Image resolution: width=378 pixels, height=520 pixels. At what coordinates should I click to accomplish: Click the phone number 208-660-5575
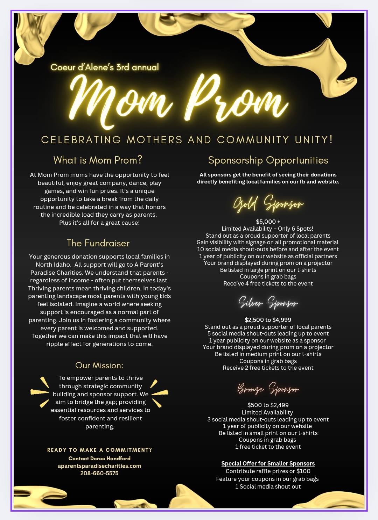click(x=99, y=473)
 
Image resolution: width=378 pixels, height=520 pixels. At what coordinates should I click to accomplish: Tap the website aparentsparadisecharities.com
click(x=99, y=466)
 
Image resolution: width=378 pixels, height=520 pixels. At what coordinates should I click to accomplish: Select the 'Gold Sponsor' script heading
click(x=268, y=204)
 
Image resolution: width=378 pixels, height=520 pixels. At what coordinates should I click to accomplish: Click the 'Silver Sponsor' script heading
click(x=268, y=303)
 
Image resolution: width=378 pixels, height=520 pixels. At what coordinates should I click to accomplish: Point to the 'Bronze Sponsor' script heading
click(x=268, y=389)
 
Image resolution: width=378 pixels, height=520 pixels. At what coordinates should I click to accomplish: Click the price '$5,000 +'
click(x=268, y=222)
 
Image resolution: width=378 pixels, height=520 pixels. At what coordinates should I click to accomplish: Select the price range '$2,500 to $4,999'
click(x=268, y=320)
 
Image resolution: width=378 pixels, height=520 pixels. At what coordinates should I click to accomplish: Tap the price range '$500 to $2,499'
click(x=268, y=405)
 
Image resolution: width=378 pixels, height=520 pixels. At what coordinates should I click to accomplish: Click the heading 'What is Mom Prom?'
click(x=98, y=160)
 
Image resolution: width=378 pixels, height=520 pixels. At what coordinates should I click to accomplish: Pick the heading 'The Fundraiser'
click(x=98, y=243)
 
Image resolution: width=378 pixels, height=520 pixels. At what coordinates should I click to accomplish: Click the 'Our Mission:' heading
click(x=99, y=366)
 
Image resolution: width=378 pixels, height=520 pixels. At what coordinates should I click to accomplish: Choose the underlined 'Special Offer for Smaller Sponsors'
click(x=268, y=463)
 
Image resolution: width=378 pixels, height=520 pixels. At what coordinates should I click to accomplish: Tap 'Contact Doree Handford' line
click(x=99, y=458)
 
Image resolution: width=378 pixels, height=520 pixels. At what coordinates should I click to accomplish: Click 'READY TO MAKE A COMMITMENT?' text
click(x=99, y=450)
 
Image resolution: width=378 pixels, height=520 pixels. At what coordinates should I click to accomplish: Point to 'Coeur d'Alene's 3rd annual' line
click(x=105, y=67)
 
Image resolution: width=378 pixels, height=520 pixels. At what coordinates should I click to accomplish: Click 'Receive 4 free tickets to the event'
click(x=268, y=283)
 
